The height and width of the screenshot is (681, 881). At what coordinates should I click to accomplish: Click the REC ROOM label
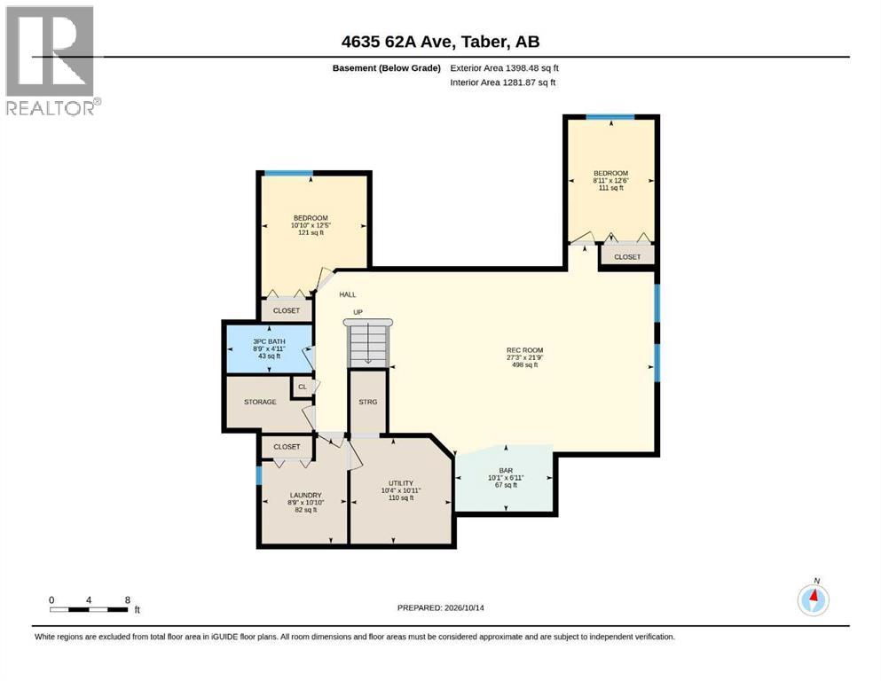[524, 350]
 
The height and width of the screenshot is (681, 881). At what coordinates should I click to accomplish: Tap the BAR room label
[506, 471]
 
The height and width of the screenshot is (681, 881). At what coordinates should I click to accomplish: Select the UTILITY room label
[401, 483]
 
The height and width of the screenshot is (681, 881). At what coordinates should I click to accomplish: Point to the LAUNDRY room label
[306, 495]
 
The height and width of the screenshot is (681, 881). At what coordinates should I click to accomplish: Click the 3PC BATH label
[269, 341]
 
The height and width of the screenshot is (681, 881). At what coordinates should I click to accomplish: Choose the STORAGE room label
[260, 402]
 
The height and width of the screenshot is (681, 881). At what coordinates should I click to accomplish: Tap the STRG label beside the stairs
[368, 402]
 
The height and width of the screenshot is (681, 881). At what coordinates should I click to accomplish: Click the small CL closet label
[303, 387]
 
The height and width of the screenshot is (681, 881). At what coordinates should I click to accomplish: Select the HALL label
[347, 294]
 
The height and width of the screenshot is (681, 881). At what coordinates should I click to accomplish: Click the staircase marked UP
[368, 341]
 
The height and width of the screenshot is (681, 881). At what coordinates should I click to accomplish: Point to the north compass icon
[813, 599]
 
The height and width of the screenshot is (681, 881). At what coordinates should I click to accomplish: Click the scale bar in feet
[90, 609]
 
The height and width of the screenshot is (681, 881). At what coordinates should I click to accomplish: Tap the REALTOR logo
[51, 60]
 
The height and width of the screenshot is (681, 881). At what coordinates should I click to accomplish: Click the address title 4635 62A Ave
[440, 42]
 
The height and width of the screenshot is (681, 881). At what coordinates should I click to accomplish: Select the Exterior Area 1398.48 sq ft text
[504, 68]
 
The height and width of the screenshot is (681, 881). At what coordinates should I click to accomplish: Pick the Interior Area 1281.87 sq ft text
[503, 82]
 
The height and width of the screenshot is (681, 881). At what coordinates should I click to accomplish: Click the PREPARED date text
[440, 607]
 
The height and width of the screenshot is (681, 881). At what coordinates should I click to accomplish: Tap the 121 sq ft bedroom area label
[311, 232]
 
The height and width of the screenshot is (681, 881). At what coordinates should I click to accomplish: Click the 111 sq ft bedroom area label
[610, 187]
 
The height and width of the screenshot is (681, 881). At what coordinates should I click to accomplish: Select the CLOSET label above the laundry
[287, 447]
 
